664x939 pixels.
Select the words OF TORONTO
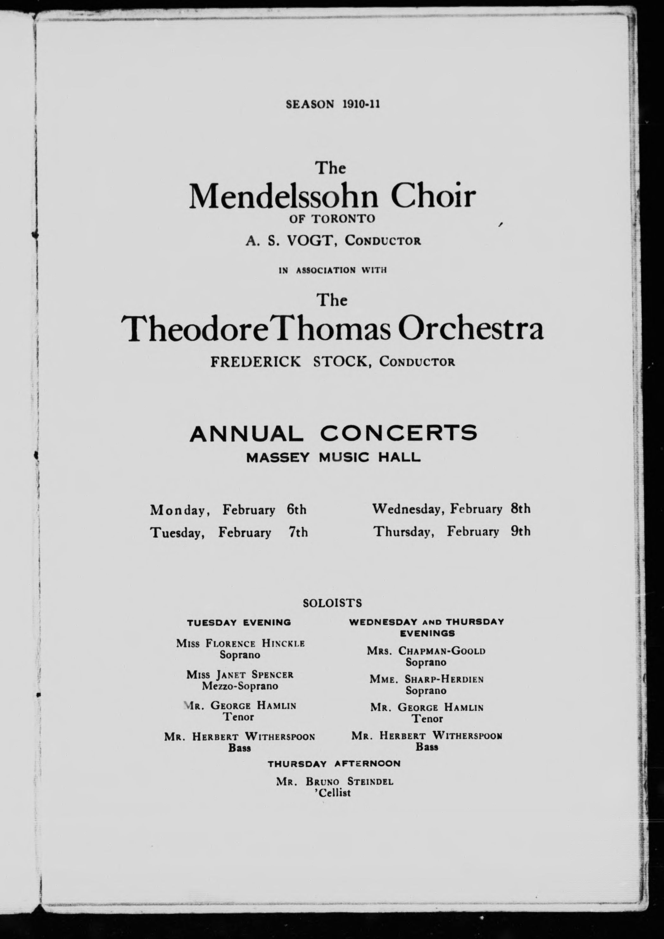click(332, 219)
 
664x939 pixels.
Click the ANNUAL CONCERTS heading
click(333, 433)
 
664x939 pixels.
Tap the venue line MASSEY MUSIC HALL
click(333, 457)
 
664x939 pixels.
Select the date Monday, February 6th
click(228, 510)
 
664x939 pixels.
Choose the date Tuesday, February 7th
click(229, 532)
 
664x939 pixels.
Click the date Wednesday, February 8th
click(451, 509)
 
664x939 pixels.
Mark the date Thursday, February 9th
click(452, 531)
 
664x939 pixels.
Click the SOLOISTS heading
click(332, 603)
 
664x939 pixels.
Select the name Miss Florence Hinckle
click(240, 643)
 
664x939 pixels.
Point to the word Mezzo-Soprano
click(240, 686)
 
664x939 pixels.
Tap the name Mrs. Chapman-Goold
click(426, 651)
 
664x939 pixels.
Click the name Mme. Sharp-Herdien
click(427, 679)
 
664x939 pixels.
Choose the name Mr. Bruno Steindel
click(334, 782)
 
